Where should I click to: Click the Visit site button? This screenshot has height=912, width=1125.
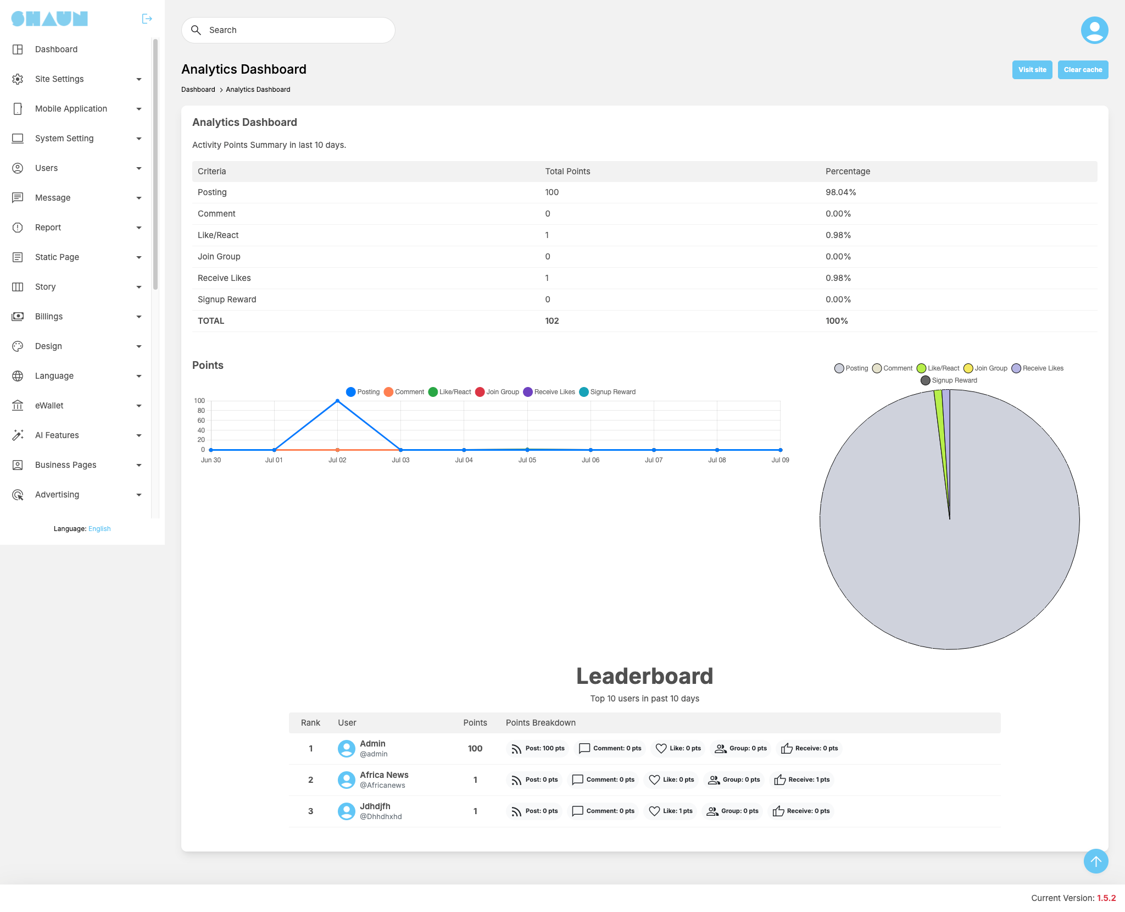click(x=1032, y=70)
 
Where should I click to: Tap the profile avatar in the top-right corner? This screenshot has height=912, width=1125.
click(x=1094, y=30)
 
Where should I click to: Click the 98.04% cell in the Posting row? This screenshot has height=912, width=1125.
click(x=841, y=192)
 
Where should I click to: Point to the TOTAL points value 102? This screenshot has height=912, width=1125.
click(x=552, y=321)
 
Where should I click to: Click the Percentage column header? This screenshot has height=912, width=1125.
click(x=848, y=172)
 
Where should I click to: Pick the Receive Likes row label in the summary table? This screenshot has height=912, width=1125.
click(x=224, y=278)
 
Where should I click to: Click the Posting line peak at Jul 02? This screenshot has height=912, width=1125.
click(x=337, y=401)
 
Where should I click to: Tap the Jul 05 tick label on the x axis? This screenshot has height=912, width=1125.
click(x=527, y=460)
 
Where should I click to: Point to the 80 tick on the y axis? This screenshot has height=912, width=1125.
click(x=201, y=411)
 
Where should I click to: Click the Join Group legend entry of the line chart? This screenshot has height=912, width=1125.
click(x=497, y=392)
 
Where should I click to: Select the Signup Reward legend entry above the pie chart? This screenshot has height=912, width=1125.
click(x=949, y=380)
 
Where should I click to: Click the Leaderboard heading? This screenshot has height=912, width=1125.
click(x=645, y=676)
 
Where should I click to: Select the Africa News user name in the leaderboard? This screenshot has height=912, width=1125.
click(x=384, y=775)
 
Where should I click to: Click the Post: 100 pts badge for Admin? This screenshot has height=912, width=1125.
click(x=538, y=749)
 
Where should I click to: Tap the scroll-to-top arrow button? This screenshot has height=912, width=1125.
click(x=1096, y=861)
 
